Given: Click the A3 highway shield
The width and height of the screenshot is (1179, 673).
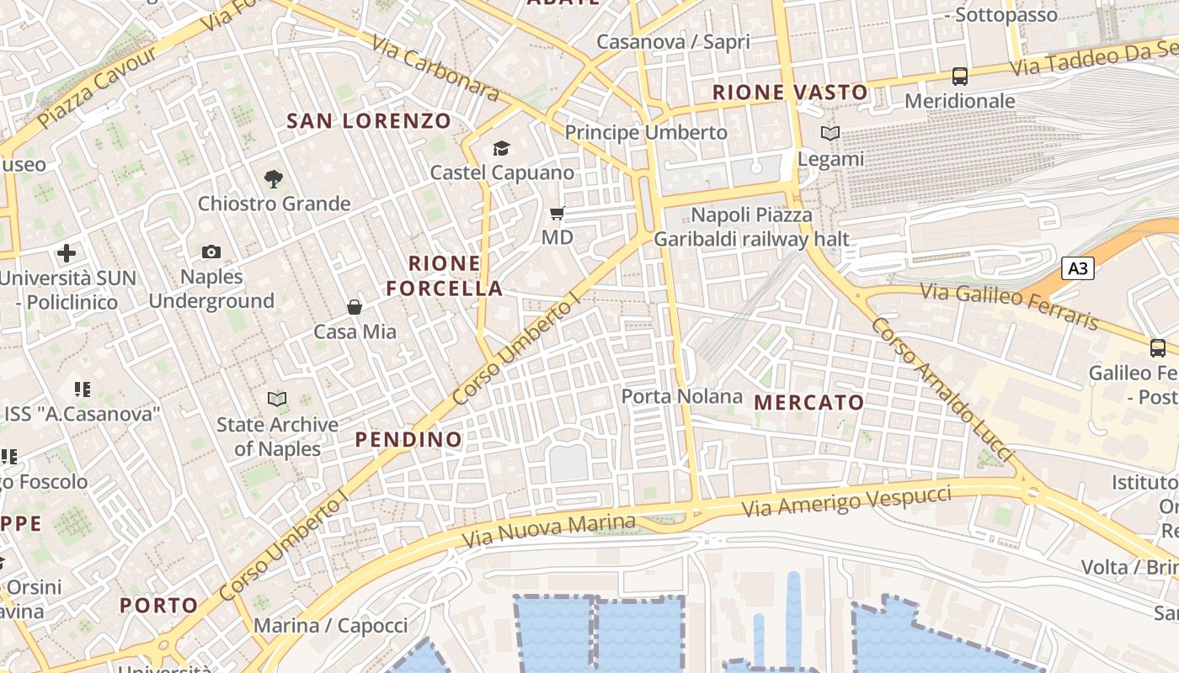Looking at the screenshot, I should [1077, 268].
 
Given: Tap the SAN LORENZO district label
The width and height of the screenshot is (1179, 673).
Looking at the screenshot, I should [370, 121].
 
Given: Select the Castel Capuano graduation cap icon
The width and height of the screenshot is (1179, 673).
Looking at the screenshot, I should [501, 149].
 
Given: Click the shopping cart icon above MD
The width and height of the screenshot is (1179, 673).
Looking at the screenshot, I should [557, 213].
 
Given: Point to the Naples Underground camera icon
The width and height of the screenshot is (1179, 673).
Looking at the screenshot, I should [211, 252].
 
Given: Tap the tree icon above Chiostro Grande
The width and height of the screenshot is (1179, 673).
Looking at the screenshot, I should [273, 178].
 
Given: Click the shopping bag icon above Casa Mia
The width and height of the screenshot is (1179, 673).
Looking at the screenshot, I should [355, 307].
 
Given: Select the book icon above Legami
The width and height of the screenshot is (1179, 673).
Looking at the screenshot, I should [830, 133].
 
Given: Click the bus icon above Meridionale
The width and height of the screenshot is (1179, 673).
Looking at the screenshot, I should [960, 76].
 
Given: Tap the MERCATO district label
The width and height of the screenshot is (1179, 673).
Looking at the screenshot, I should [809, 403].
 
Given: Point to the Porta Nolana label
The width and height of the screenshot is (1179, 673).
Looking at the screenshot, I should [682, 396].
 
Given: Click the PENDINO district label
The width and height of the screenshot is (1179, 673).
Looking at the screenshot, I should [408, 439].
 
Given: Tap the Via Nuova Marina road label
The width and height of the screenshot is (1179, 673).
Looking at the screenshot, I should [549, 529].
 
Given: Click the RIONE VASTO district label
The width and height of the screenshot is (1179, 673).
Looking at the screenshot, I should [790, 93].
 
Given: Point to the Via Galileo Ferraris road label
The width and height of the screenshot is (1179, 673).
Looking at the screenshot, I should [1009, 306].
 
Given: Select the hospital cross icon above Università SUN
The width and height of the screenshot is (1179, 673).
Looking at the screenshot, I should [67, 252].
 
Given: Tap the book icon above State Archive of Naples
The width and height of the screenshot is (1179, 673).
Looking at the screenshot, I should [277, 399].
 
